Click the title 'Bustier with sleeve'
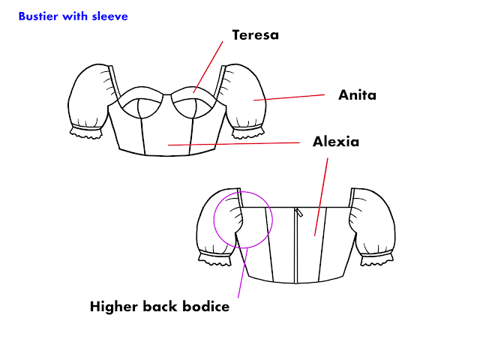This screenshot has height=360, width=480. (72, 15)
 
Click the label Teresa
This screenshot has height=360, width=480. (255, 35)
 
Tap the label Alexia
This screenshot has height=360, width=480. (335, 141)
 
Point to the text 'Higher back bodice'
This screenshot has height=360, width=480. (159, 306)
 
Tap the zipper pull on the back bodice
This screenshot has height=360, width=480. (298, 214)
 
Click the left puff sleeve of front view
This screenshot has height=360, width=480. (89, 101)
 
